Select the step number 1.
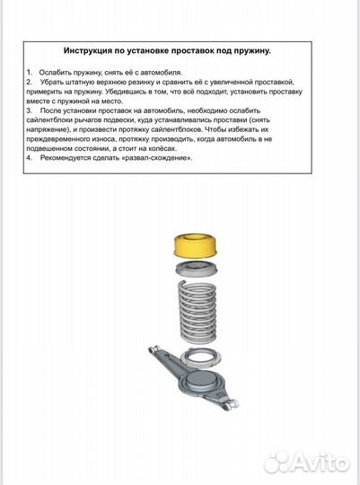click(x=29, y=70)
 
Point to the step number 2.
click(x=29, y=81)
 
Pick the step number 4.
click(x=29, y=156)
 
